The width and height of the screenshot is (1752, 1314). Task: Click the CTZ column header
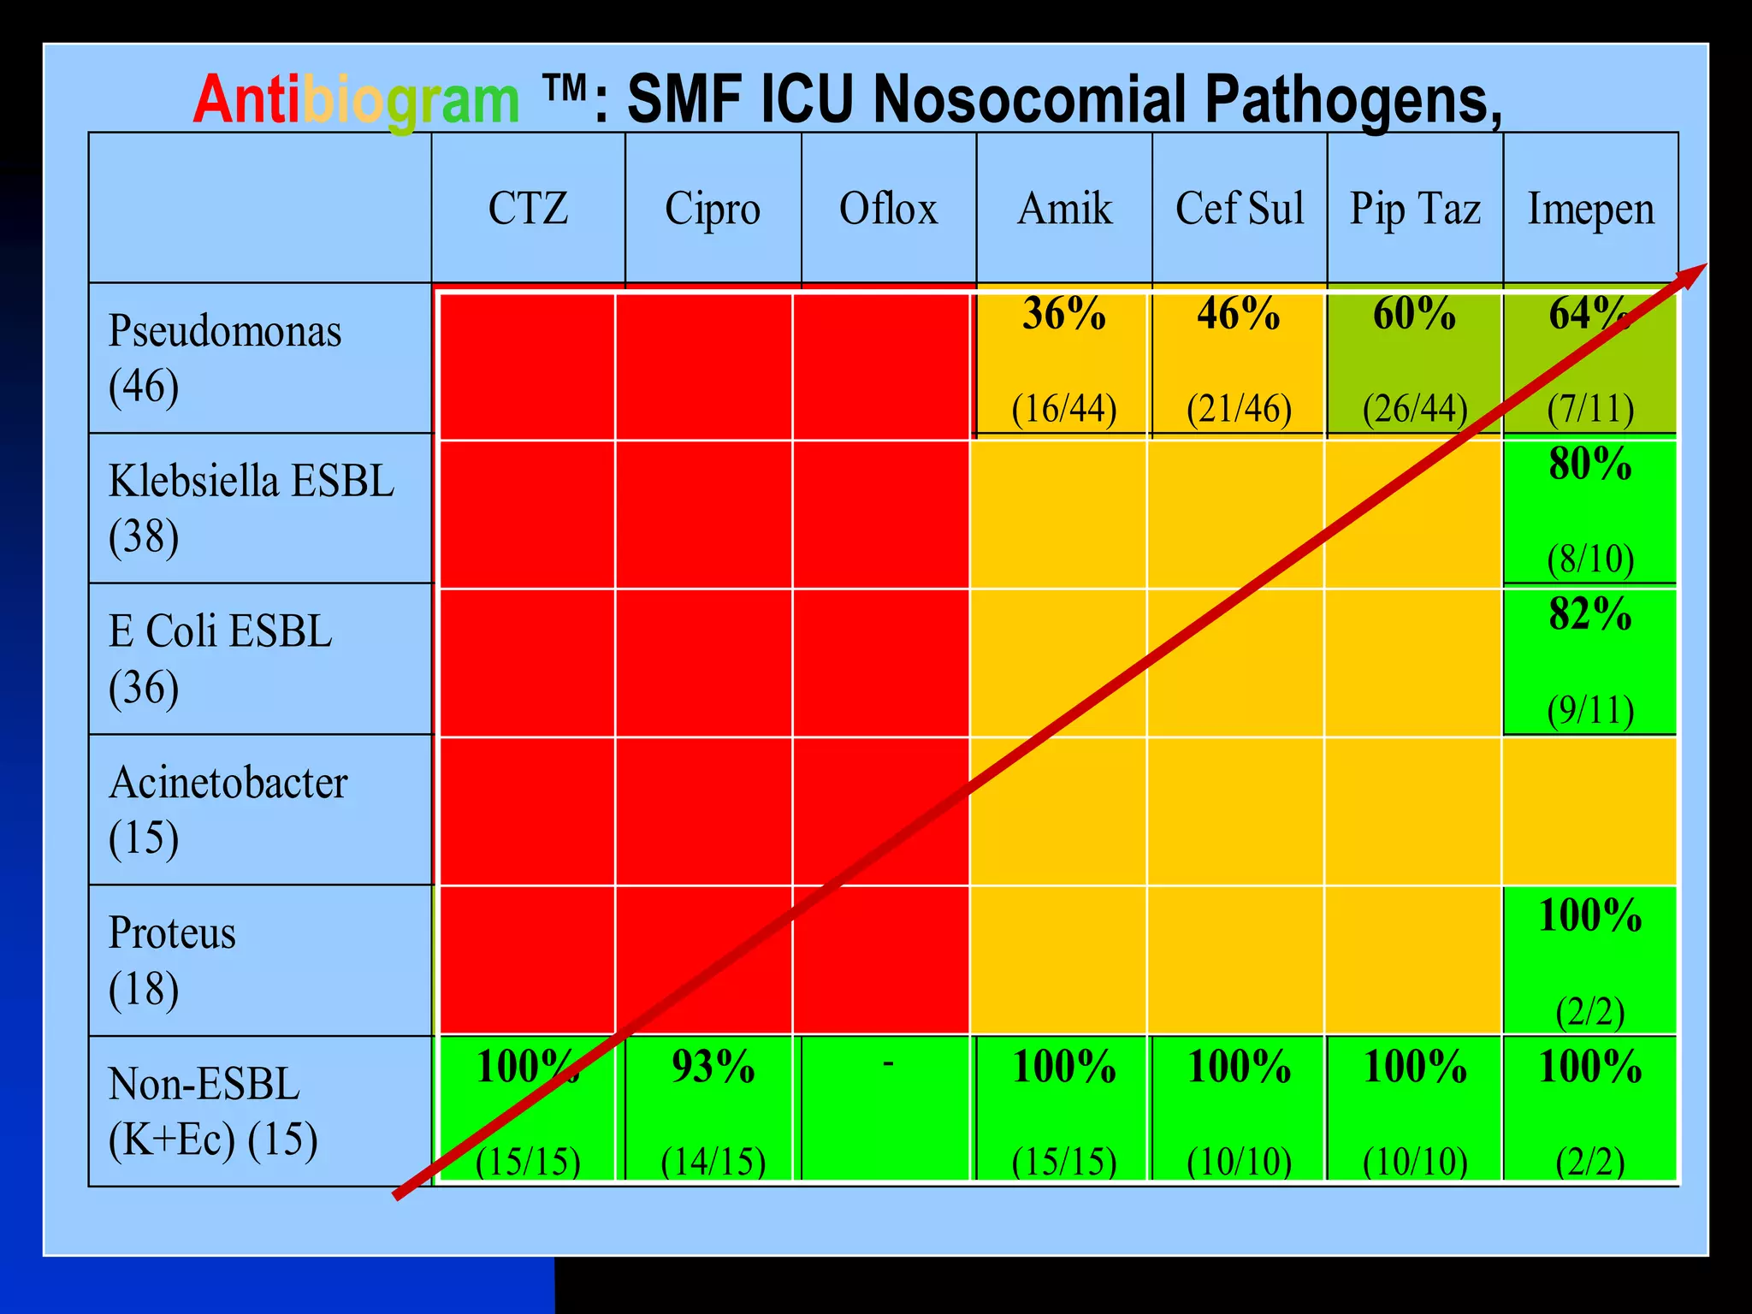pos(528,208)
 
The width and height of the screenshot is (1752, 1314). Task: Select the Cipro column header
pos(713,208)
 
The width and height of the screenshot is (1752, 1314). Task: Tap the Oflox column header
pos(888,208)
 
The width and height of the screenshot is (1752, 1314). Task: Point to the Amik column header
pos(1064,208)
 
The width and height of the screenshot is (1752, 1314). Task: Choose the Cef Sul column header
pos(1240,208)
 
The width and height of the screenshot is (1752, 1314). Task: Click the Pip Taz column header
pos(1415,208)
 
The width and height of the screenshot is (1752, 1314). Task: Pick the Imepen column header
pos(1590,208)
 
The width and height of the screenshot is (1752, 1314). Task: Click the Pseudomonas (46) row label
pos(224,358)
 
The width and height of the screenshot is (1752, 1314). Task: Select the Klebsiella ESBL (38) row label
pos(251,508)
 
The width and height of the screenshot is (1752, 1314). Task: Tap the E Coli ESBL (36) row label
pos(220,659)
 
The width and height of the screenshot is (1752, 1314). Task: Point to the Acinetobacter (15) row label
pos(228,809)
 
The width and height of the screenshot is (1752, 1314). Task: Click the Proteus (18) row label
pos(171,960)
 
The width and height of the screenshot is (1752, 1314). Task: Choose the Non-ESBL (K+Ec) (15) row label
pos(212,1110)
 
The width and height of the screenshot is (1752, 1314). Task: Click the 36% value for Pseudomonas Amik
pos(1064,314)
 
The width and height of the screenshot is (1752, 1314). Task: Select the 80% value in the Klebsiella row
pos(1589,464)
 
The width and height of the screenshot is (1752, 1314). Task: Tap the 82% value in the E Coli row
pos(1589,614)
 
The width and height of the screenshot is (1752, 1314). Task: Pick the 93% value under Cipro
pos(713,1067)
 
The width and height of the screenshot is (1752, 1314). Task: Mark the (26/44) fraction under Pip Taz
pos(1415,409)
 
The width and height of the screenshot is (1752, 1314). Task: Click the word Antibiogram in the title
pos(356,100)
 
